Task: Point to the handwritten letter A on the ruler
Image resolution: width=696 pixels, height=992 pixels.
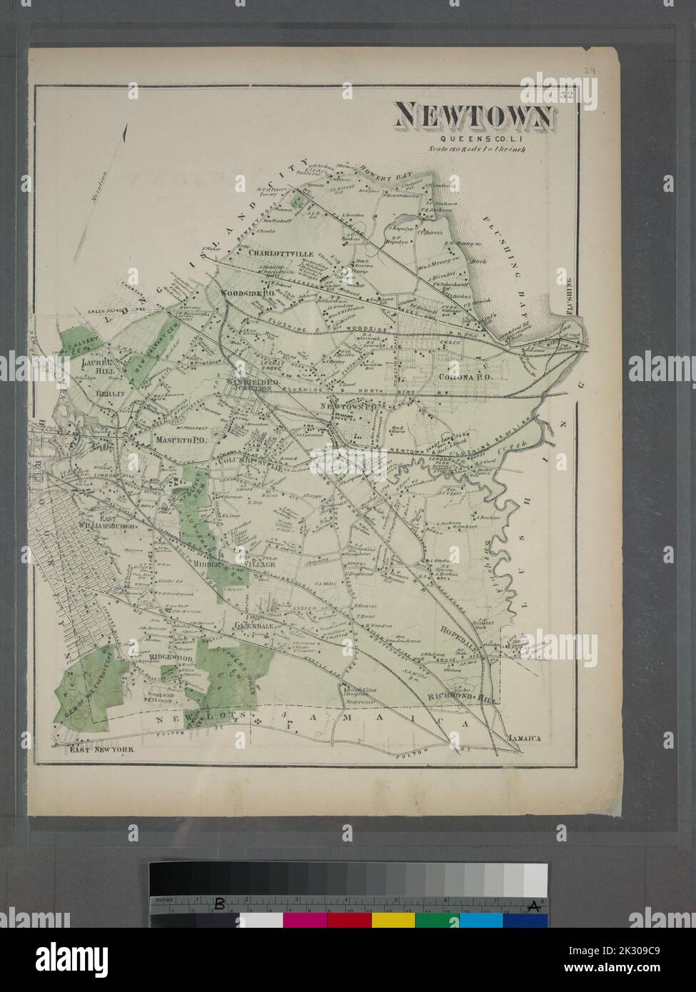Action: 531,906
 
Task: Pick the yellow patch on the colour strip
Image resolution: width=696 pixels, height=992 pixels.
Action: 391,921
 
